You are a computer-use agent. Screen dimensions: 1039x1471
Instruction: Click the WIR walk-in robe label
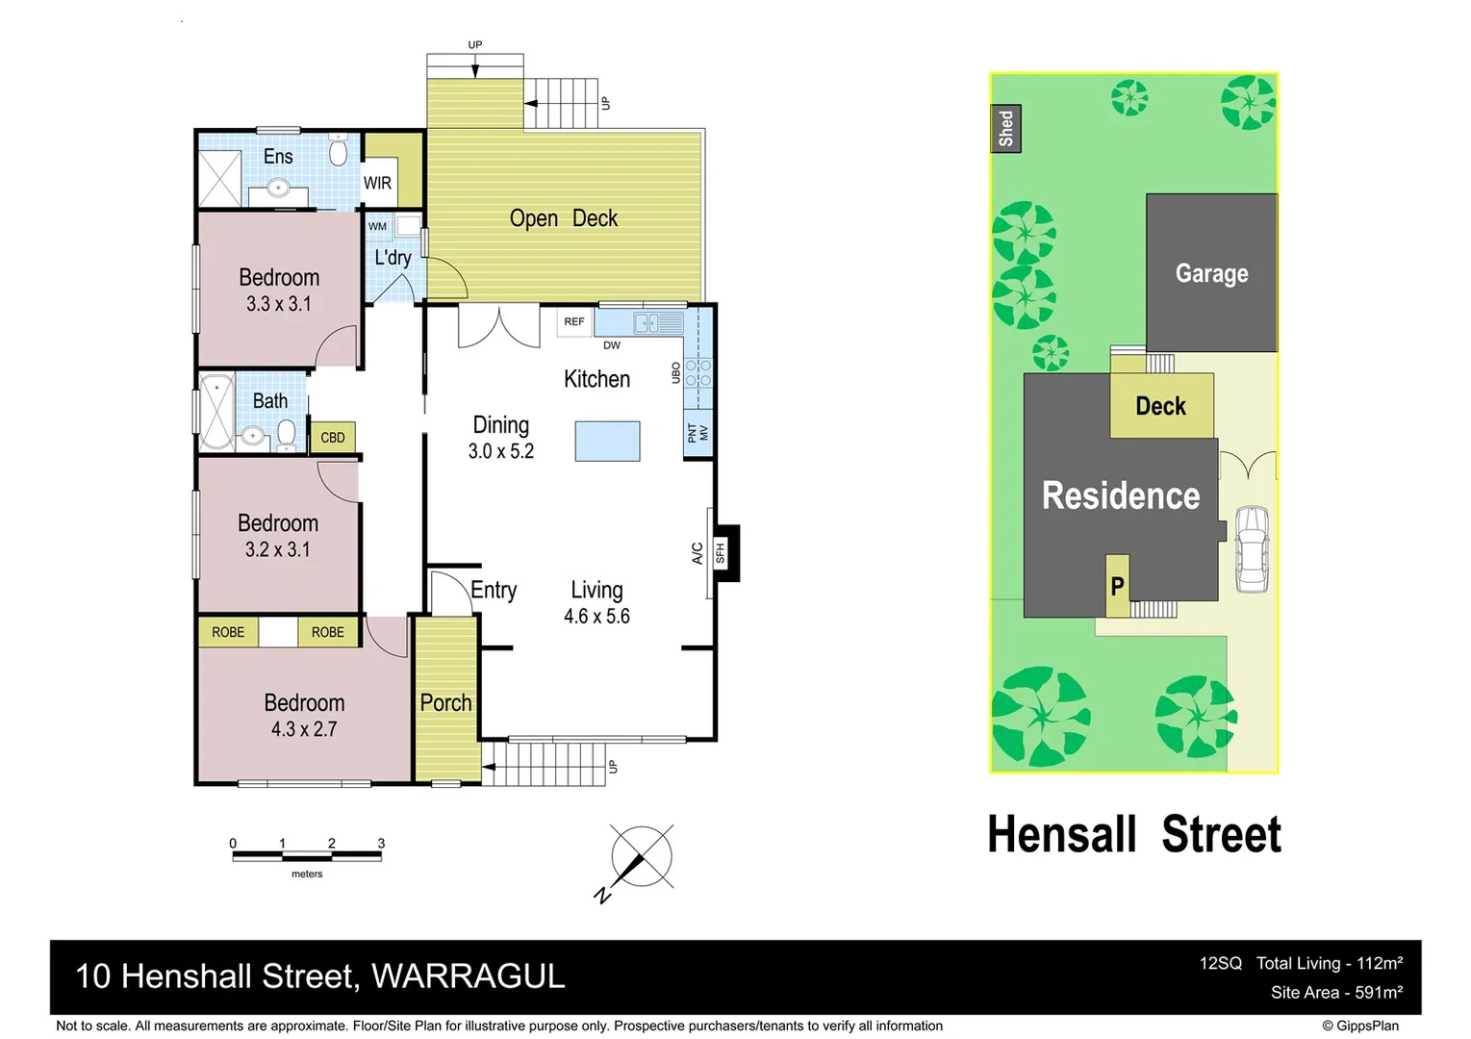click(377, 183)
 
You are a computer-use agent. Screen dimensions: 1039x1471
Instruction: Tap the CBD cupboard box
click(333, 437)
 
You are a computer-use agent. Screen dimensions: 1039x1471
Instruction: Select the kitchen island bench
click(607, 442)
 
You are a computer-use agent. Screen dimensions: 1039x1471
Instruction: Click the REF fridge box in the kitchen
click(574, 321)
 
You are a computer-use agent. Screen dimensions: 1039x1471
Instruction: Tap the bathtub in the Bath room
click(216, 411)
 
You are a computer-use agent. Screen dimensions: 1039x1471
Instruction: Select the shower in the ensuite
click(219, 178)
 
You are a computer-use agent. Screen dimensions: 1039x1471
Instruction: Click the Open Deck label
click(564, 218)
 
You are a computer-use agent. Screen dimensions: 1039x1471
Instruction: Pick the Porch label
click(445, 702)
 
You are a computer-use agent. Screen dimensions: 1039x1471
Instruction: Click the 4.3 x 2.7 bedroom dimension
click(304, 729)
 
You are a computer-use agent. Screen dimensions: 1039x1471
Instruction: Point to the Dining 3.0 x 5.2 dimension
click(500, 451)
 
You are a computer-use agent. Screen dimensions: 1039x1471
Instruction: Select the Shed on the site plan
click(1005, 128)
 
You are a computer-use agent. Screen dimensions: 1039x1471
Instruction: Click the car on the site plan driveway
click(1252, 547)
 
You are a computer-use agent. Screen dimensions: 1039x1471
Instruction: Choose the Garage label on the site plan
click(1211, 273)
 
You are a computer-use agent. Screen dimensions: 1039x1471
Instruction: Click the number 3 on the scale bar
click(381, 843)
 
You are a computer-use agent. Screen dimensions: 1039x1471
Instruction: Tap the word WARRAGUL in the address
click(469, 976)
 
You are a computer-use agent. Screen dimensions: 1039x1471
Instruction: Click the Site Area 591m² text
click(1335, 992)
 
